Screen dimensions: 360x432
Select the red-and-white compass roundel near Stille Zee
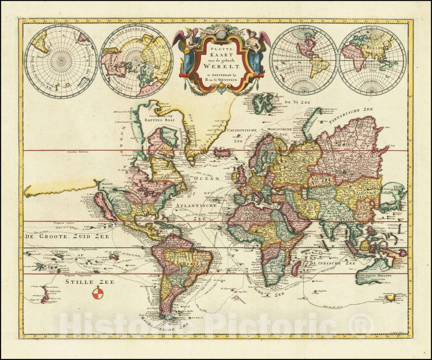[x=97, y=293]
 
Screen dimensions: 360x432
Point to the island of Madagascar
[x=296, y=268]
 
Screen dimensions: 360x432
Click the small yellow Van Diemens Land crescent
[x=390, y=298]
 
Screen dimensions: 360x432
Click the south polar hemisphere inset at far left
[x=61, y=61]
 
